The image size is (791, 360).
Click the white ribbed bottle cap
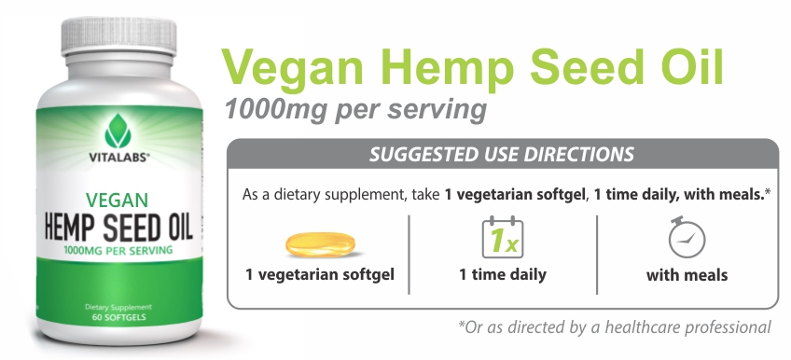(119, 35)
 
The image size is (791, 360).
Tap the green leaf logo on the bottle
(118, 132)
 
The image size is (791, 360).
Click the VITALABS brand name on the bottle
(119, 158)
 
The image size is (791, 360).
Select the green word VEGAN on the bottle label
(117, 201)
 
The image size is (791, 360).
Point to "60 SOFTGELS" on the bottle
(119, 317)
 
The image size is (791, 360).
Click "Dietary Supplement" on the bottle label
(118, 307)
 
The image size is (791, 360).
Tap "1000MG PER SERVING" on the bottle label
(118, 250)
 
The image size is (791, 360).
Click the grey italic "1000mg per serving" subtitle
(355, 109)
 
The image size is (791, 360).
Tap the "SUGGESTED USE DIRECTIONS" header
(502, 154)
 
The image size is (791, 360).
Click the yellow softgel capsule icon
(320, 244)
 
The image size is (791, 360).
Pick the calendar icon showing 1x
(503, 237)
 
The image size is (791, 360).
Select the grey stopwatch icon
(687, 237)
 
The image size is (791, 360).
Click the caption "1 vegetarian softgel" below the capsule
(320, 275)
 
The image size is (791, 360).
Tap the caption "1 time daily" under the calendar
(503, 275)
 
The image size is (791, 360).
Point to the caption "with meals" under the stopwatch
(687, 275)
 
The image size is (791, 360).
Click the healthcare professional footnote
(615, 327)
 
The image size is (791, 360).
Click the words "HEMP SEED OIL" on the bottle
(118, 227)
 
